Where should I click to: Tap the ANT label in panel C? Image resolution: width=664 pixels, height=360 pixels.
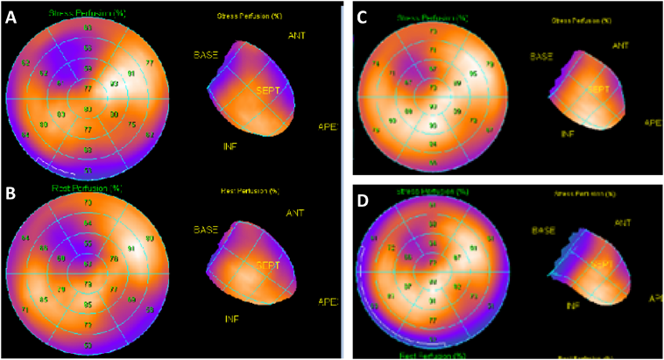[x=620, y=45]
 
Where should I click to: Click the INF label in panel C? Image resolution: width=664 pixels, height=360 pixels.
[x=568, y=134]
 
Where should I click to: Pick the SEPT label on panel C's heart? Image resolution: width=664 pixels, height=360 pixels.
[x=598, y=89]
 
